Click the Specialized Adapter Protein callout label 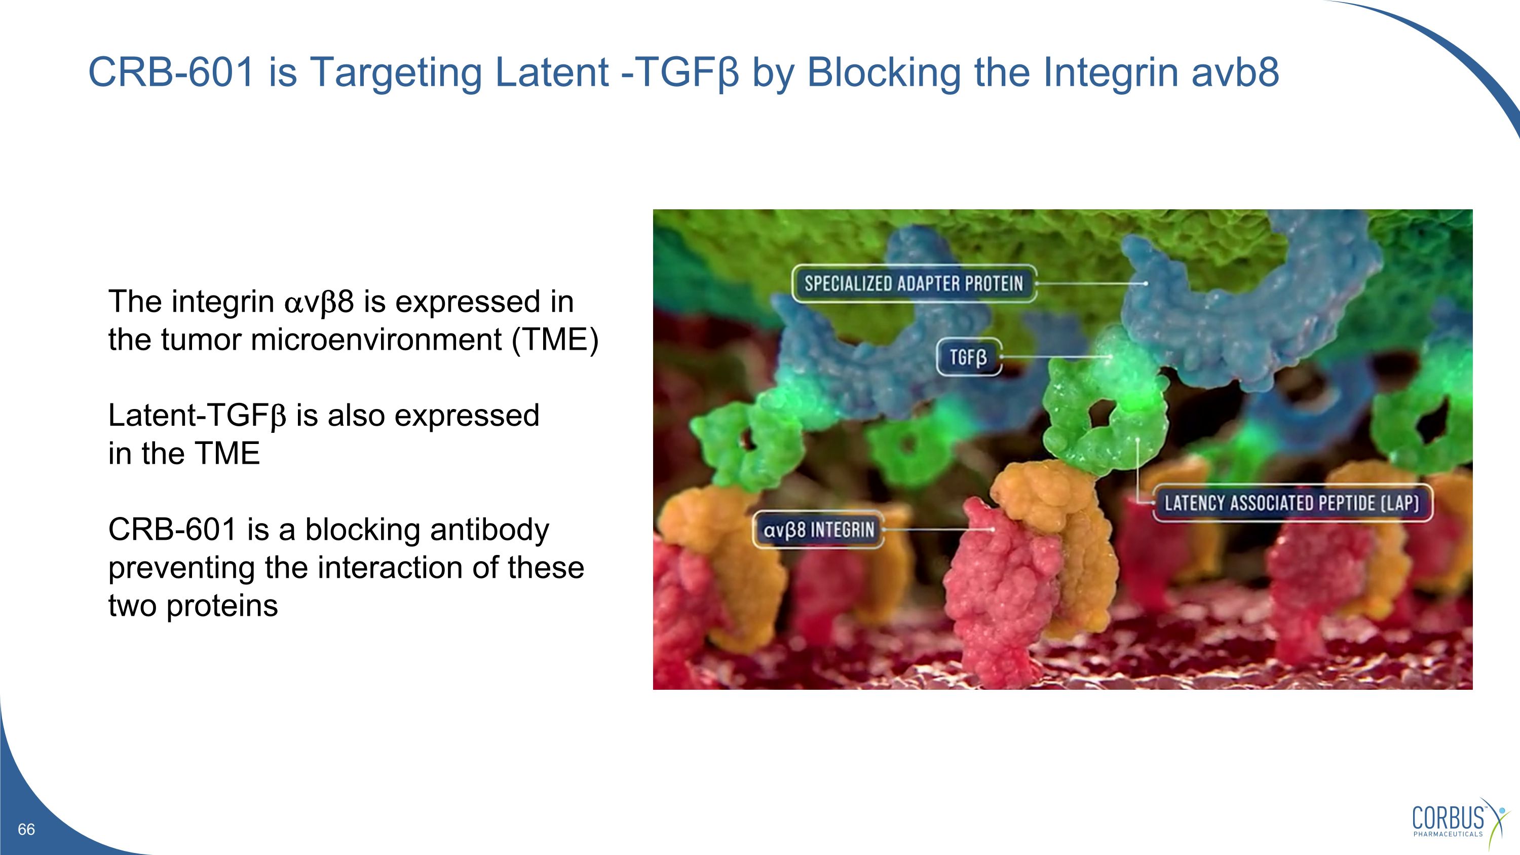[x=913, y=284]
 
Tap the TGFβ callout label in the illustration [x=968, y=357]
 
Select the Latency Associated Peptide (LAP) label [x=1291, y=503]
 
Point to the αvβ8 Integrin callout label [x=818, y=530]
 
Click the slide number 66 [x=26, y=829]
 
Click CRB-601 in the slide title [x=171, y=72]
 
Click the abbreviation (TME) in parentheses [x=555, y=340]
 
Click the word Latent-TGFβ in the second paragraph [x=197, y=416]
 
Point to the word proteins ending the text [x=222, y=606]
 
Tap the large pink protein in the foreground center [x=997, y=590]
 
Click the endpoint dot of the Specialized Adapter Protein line [x=1145, y=284]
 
